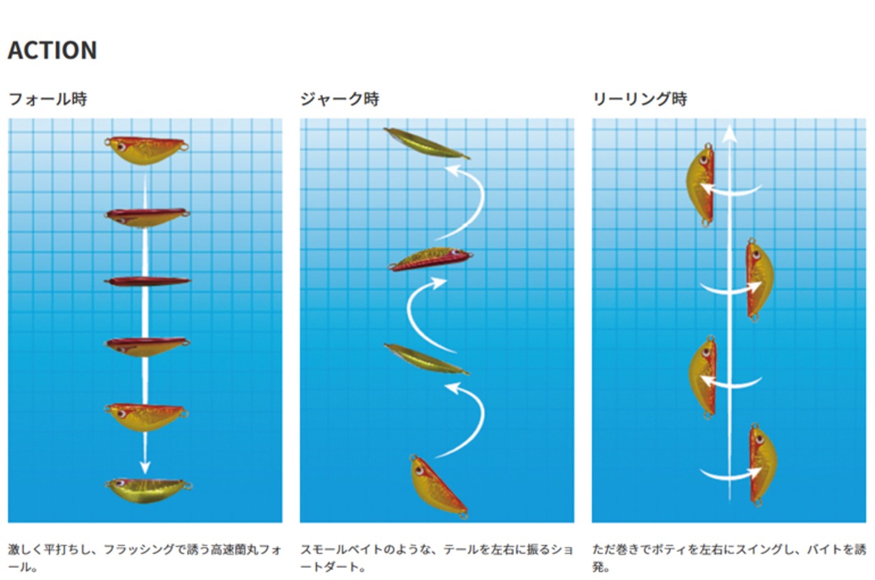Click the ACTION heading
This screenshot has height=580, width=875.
click(53, 51)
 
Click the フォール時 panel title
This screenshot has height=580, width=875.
click(48, 99)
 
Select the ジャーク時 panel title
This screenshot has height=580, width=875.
click(340, 99)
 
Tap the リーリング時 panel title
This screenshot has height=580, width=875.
click(640, 99)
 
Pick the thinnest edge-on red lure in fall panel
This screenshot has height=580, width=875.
click(147, 281)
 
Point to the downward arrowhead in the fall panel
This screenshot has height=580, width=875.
click(144, 468)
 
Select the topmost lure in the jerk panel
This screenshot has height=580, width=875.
click(426, 143)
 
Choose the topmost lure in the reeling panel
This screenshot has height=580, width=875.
click(701, 182)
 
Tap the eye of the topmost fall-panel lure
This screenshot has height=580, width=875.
click(120, 145)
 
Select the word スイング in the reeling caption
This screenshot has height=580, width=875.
click(754, 549)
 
